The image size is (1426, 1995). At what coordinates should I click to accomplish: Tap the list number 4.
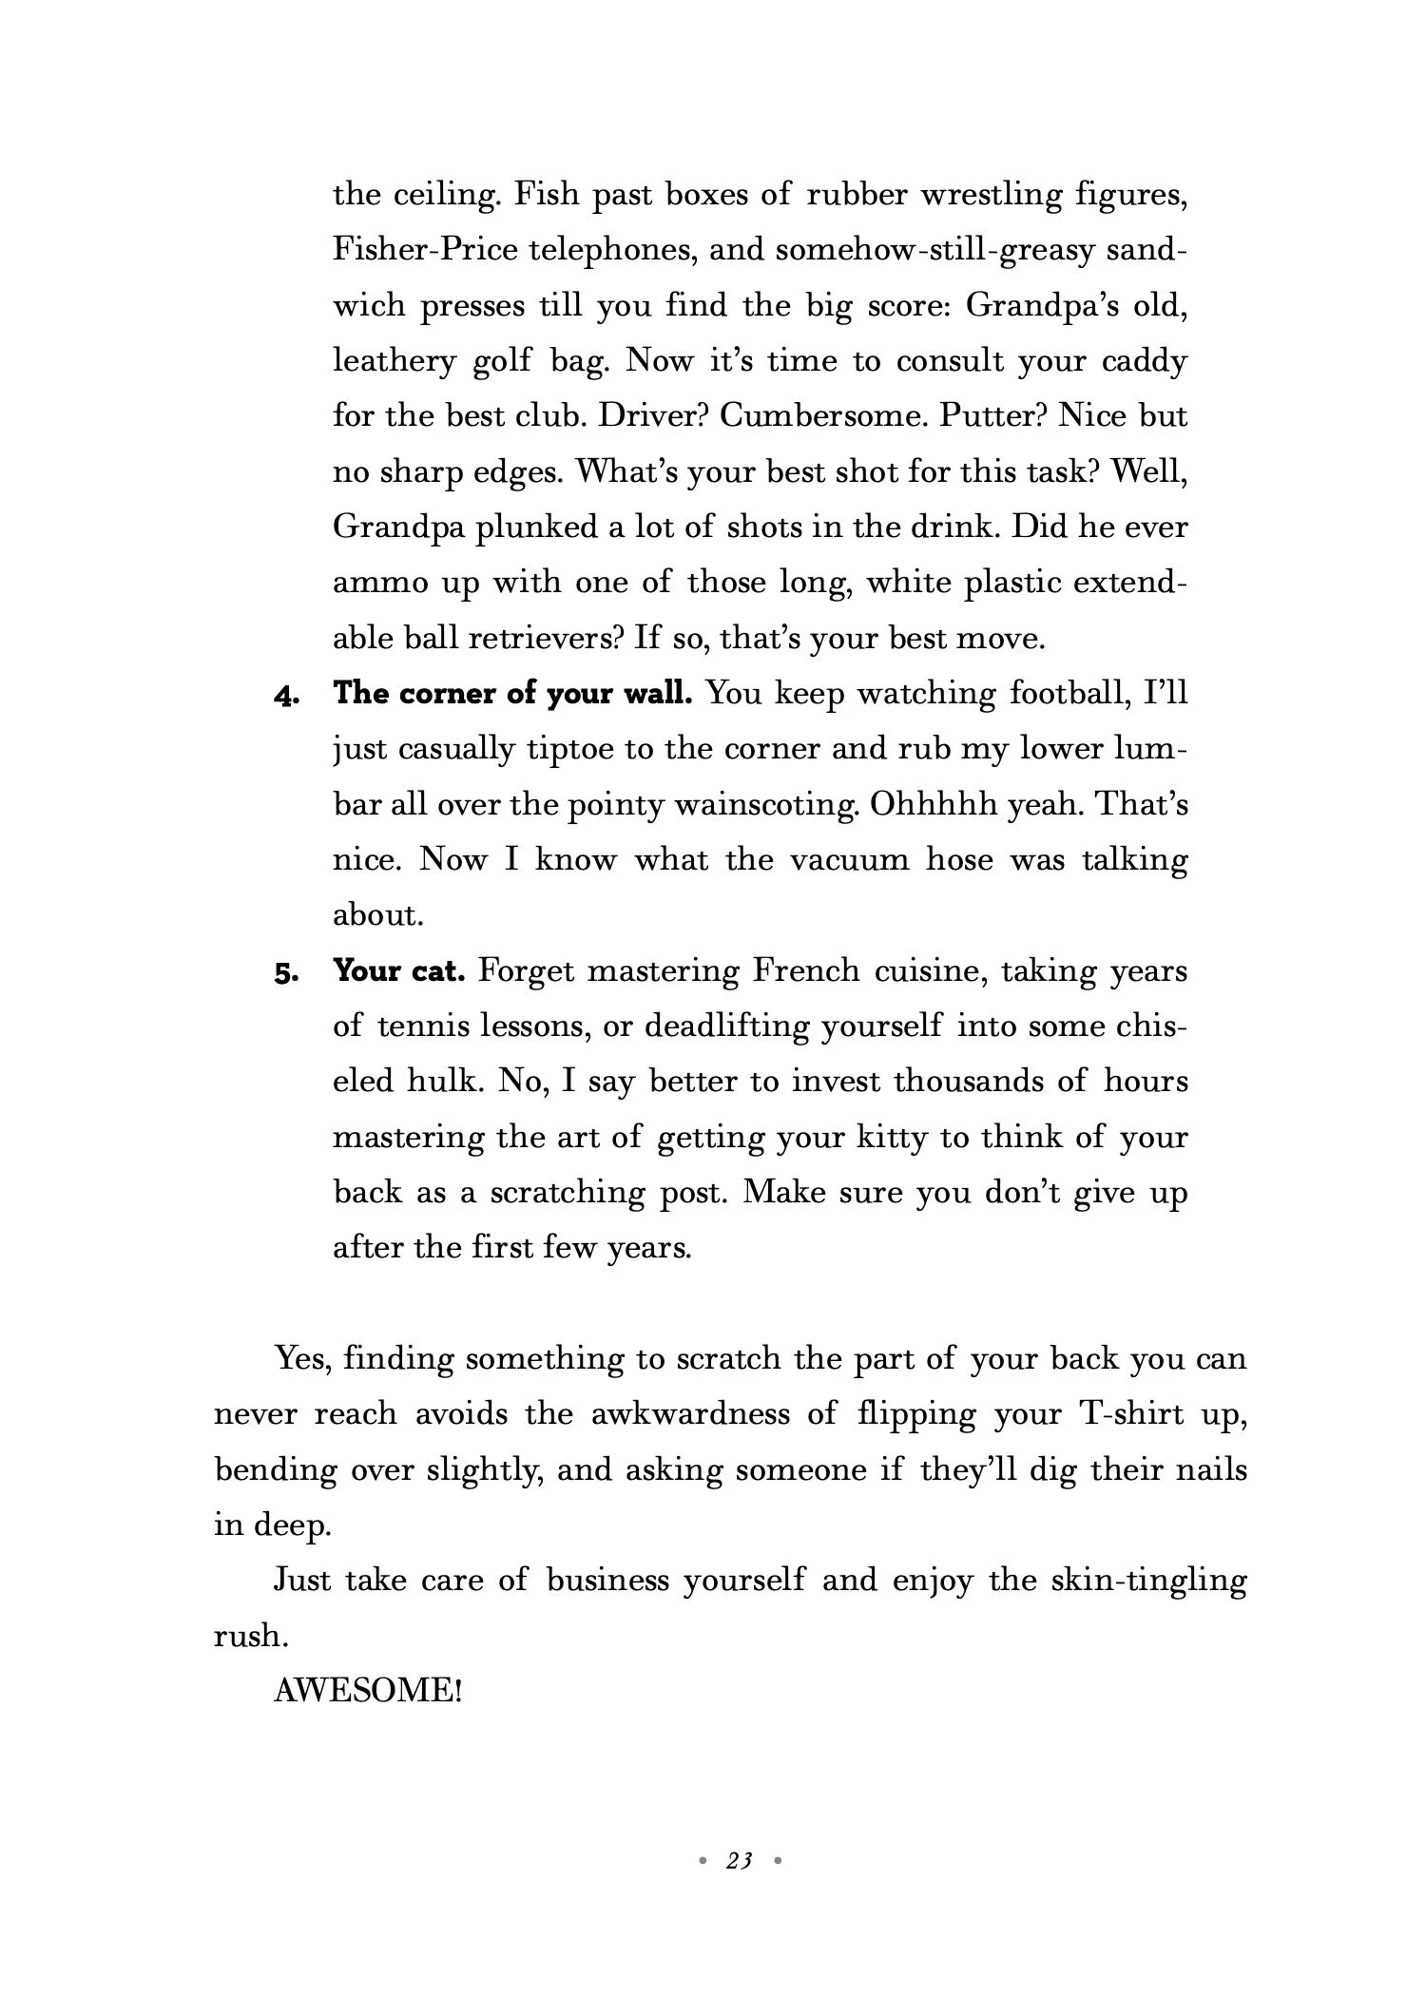click(x=286, y=696)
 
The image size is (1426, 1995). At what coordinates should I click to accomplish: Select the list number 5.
click(x=286, y=973)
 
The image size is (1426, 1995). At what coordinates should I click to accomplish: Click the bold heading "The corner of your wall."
click(x=512, y=694)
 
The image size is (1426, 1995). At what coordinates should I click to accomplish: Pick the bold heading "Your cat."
click(x=399, y=971)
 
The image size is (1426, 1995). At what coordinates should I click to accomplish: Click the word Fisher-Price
click(x=426, y=250)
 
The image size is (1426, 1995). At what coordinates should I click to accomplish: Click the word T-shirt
click(x=1131, y=1414)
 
